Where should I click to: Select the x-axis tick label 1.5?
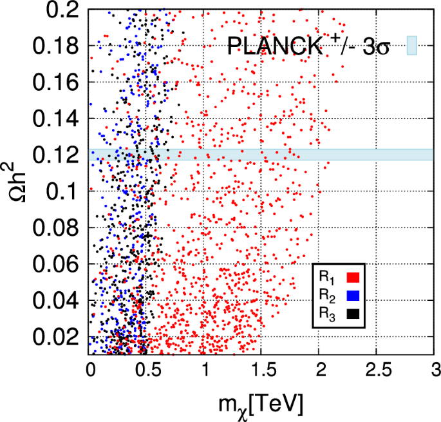pyautogui.click(x=262, y=370)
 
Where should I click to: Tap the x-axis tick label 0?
pyautogui.click(x=89, y=370)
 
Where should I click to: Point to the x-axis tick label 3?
pyautogui.click(x=435, y=370)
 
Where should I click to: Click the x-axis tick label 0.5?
pyautogui.click(x=147, y=370)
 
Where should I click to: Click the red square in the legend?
pyautogui.click(x=353, y=278)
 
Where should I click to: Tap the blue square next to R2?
pyautogui.click(x=353, y=296)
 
